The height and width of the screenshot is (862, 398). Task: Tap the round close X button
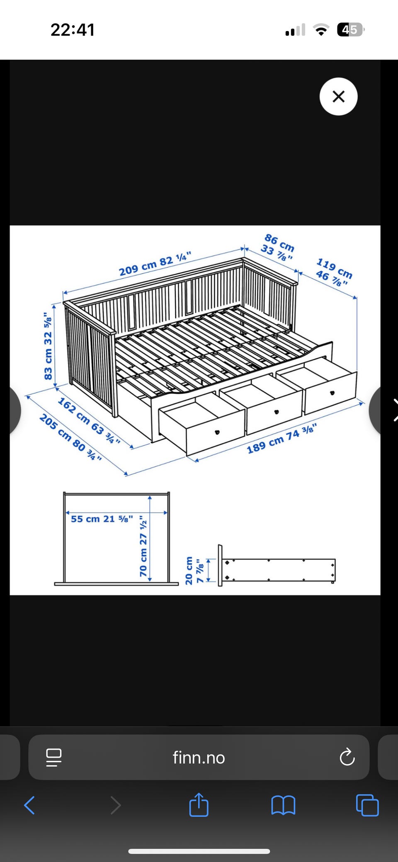pos(338,97)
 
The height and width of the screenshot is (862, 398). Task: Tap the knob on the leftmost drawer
pos(217,432)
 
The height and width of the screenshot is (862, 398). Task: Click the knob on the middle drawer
pos(277,412)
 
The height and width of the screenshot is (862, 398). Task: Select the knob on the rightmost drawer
pos(332,393)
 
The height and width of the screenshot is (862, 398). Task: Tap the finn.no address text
pos(199,758)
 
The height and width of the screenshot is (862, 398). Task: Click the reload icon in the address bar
pos(347,757)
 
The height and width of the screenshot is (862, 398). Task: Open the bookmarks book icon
pos(283,805)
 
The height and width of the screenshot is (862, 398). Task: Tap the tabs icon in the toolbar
pos(367,805)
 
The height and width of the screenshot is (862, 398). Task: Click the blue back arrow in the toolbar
pos(29,805)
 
